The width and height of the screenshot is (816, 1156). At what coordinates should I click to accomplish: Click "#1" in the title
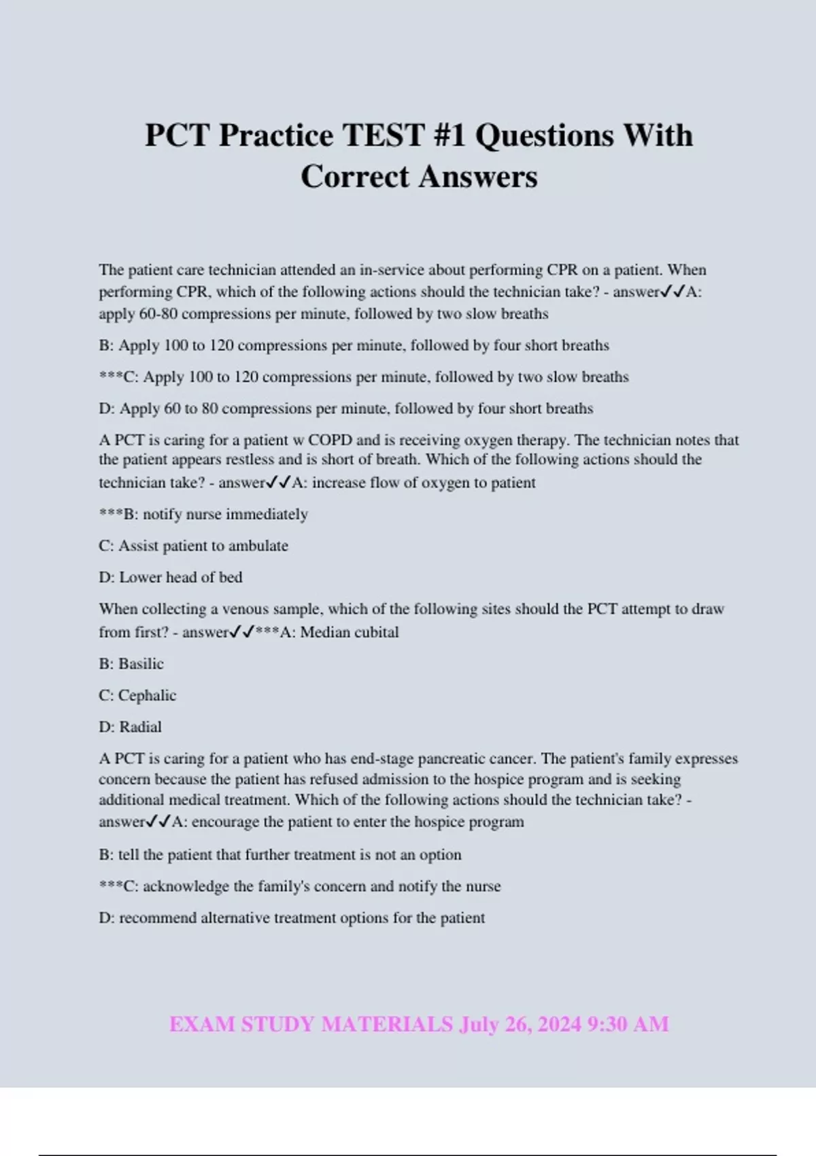pyautogui.click(x=449, y=135)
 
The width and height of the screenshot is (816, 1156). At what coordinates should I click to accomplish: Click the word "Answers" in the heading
pyautogui.click(x=477, y=177)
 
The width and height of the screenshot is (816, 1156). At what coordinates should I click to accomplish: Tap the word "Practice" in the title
pyautogui.click(x=276, y=135)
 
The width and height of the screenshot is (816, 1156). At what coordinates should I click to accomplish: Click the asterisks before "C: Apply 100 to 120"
pyautogui.click(x=111, y=377)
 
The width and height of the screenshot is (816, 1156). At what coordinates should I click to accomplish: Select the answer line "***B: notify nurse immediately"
pyautogui.click(x=203, y=514)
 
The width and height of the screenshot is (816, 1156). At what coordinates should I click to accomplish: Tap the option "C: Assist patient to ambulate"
pyautogui.click(x=193, y=545)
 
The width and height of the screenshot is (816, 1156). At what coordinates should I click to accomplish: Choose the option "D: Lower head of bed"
pyautogui.click(x=170, y=577)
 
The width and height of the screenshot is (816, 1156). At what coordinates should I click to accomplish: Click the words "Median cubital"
pyautogui.click(x=350, y=632)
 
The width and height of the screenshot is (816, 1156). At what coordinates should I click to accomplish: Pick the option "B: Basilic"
pyautogui.click(x=131, y=664)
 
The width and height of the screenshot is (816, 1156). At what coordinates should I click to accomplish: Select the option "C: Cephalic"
pyautogui.click(x=137, y=696)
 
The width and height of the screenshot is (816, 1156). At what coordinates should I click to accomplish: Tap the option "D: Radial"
pyautogui.click(x=130, y=727)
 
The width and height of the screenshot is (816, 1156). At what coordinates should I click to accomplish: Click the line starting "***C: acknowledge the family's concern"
pyautogui.click(x=299, y=886)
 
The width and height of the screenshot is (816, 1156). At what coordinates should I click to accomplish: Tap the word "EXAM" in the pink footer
pyautogui.click(x=202, y=1024)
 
